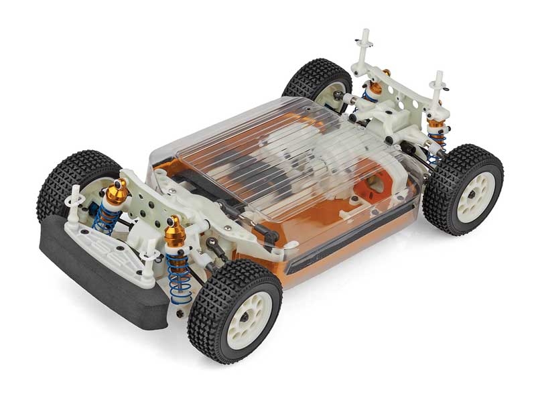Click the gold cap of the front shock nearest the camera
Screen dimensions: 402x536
pos(176,232)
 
